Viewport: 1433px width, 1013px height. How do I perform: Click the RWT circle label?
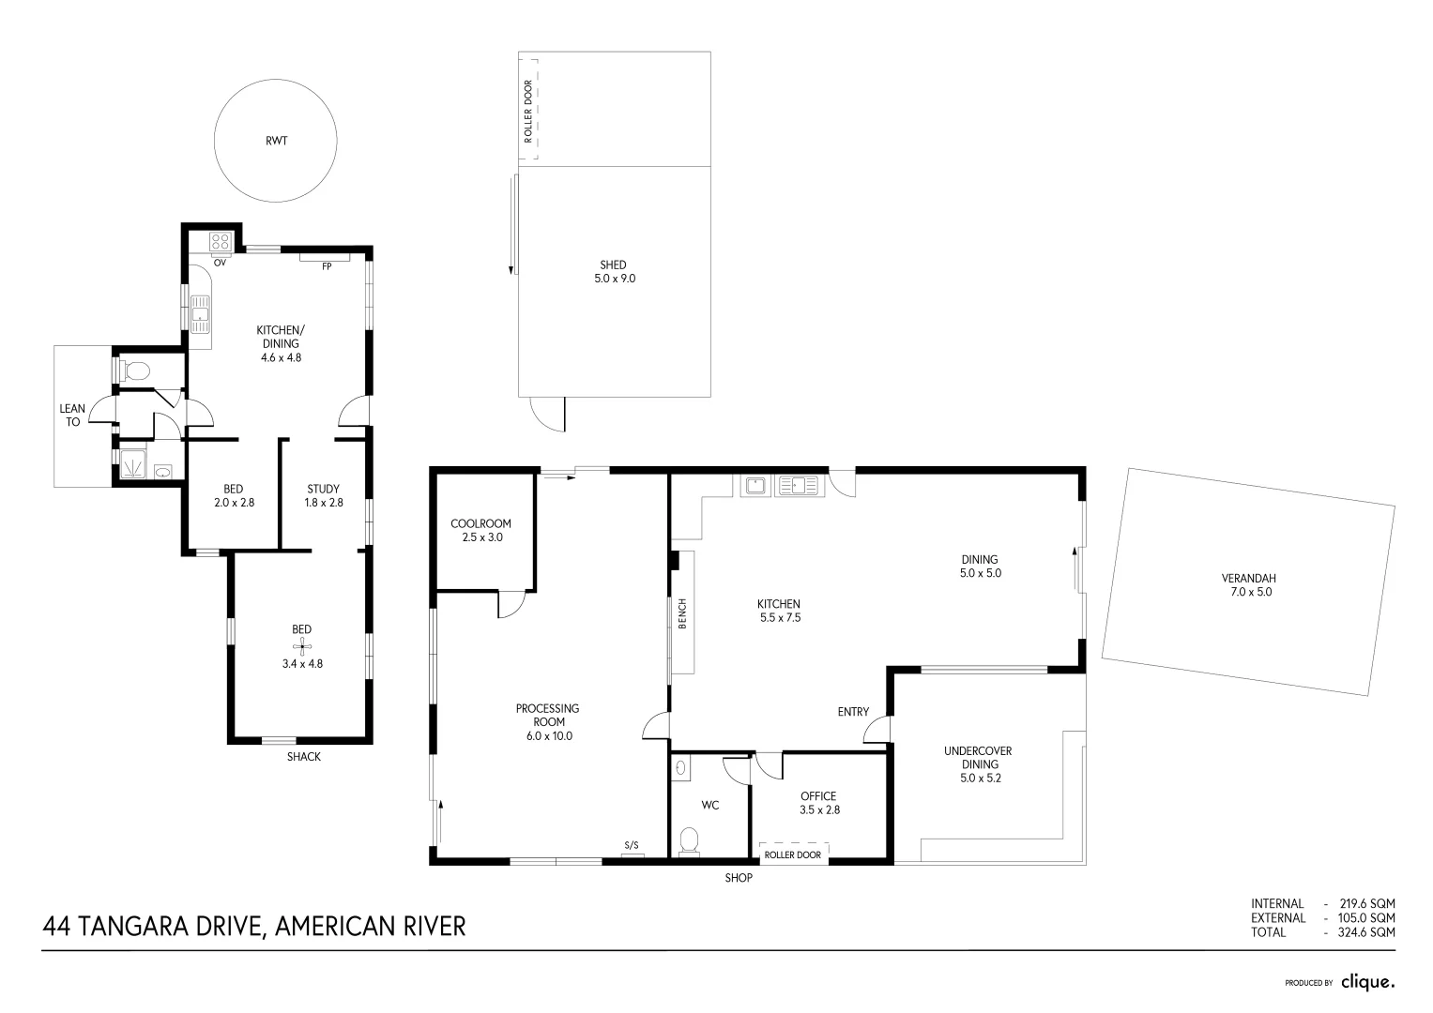276,141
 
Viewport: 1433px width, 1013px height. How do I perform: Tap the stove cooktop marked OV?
221,244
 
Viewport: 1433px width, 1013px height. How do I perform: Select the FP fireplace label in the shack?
327,266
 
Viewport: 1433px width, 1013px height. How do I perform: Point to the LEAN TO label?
72,416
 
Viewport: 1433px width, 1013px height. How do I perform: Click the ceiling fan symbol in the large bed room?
301,646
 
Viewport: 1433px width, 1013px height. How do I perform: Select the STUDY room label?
323,495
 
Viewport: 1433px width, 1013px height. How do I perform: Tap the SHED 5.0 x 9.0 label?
614,271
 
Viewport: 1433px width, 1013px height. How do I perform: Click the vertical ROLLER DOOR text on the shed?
527,111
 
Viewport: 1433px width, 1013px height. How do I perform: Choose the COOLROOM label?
480,531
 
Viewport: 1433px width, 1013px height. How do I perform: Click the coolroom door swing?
512,604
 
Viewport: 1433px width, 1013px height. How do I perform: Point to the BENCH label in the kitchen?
682,613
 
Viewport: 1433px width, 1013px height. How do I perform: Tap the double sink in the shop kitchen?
797,486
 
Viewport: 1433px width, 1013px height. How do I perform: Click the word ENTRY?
853,712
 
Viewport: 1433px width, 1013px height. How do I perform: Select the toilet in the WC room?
690,839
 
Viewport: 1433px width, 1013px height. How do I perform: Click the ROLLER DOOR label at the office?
792,855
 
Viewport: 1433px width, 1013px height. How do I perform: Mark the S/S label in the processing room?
632,846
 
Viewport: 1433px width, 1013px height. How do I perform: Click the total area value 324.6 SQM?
1365,932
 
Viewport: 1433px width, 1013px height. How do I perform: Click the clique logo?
1366,982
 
